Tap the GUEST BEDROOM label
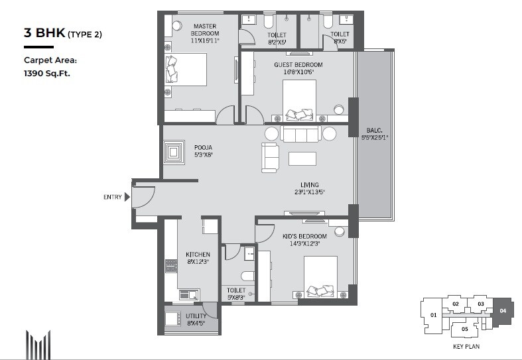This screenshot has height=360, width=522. pos(298,64)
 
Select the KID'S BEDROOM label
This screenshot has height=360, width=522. pos(305,237)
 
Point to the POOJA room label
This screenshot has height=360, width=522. pos(203,148)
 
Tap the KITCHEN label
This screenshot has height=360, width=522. pos(198,255)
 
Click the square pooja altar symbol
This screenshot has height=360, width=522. pos(175,152)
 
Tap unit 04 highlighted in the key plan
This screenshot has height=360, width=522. pos(502,310)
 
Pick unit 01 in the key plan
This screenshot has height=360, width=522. pos(433,315)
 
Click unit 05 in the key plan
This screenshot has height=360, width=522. pos(465,329)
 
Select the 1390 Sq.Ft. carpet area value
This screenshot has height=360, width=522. pos(47,74)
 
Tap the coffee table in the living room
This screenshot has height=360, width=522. pos(302,158)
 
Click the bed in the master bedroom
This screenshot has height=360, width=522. pos(186,74)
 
